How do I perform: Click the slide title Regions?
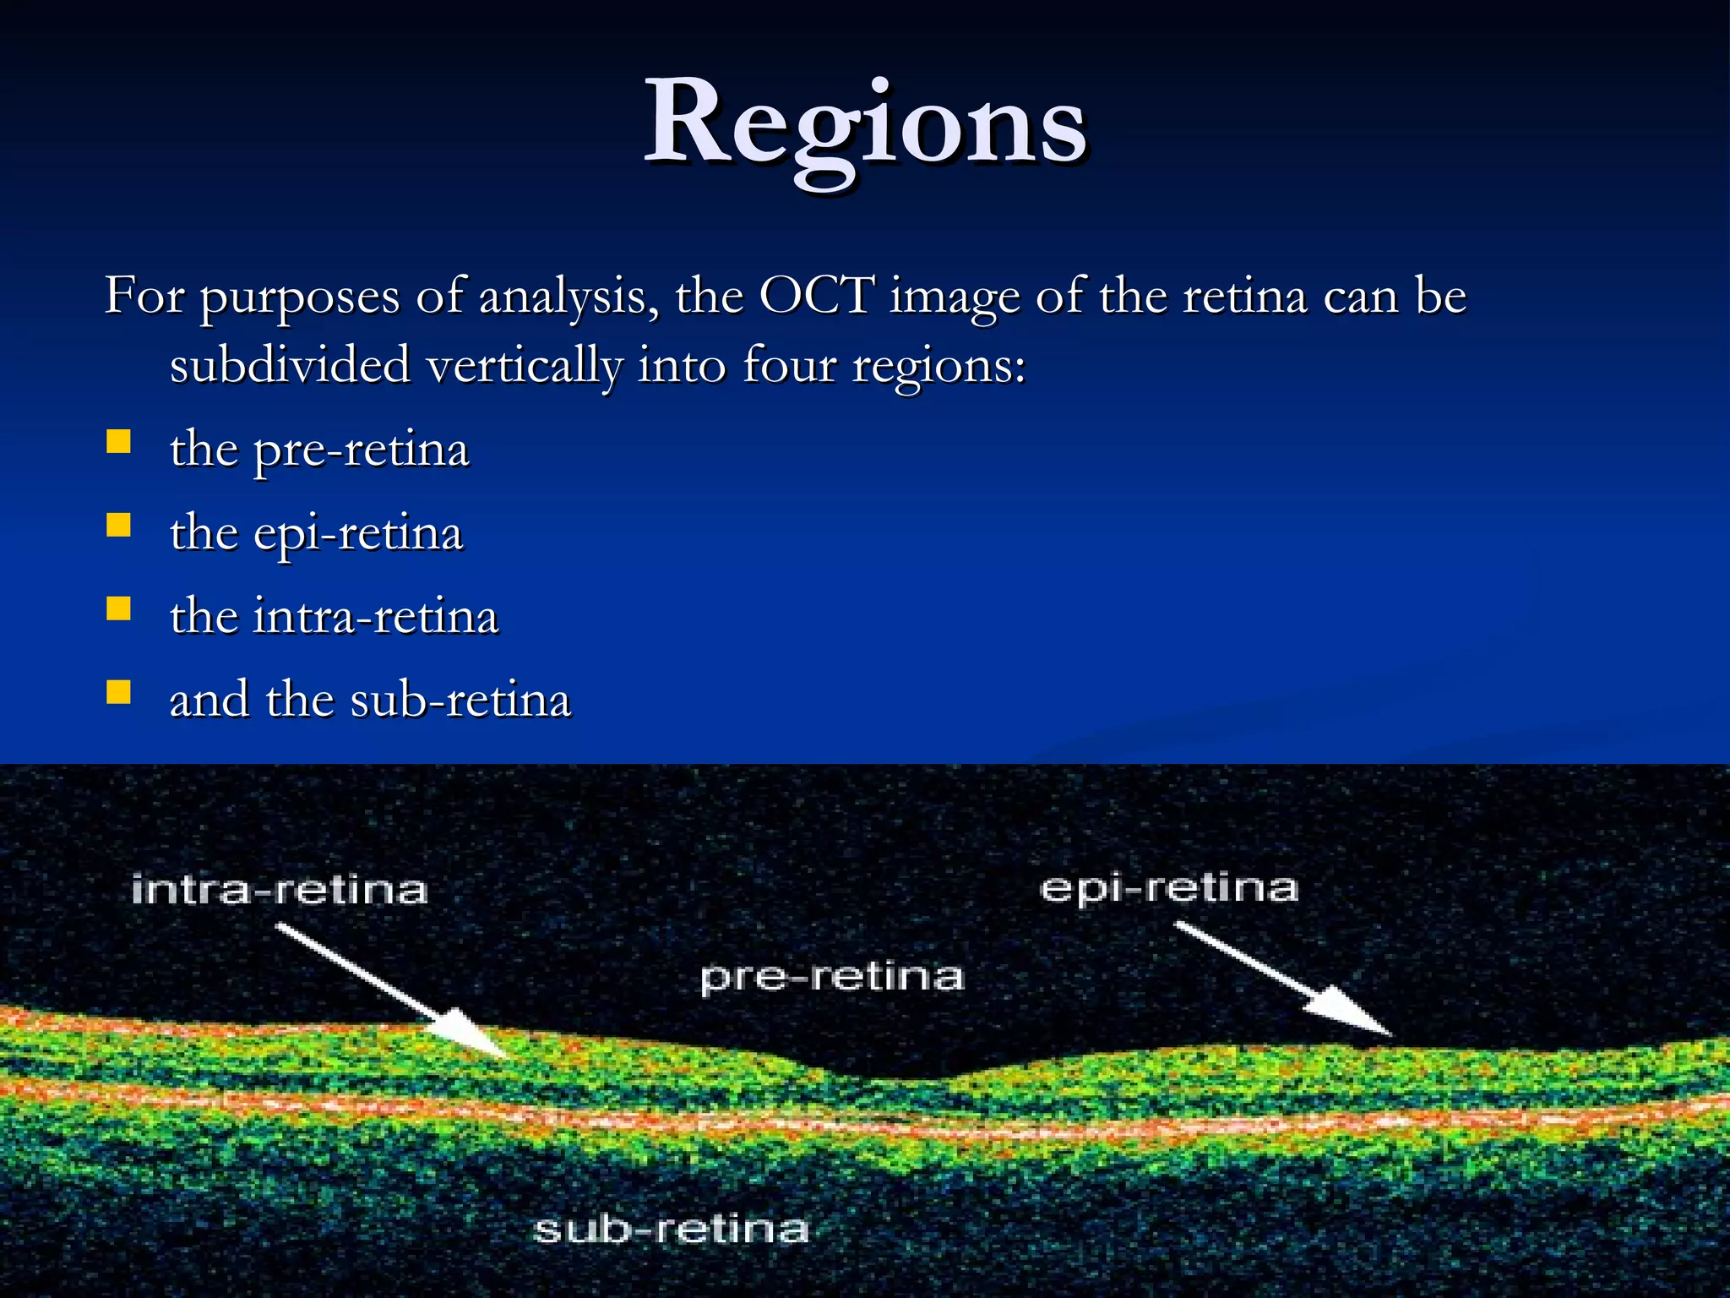[865, 127]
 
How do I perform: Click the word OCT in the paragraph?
[816, 296]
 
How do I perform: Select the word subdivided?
[290, 365]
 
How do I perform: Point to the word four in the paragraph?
[789, 365]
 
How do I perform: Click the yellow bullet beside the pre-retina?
[119, 442]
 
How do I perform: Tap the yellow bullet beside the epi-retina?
[119, 526]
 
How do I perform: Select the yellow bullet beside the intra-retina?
[119, 609]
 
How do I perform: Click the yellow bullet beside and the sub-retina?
[119, 693]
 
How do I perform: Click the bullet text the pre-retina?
[319, 449]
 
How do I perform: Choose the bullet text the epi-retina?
[317, 533]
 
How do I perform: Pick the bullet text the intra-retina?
[335, 616]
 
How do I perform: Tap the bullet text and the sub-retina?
[370, 700]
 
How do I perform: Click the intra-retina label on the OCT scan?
[280, 890]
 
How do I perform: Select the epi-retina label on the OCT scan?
[1168, 888]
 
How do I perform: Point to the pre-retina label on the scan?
[832, 977]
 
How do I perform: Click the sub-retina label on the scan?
[672, 1229]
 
